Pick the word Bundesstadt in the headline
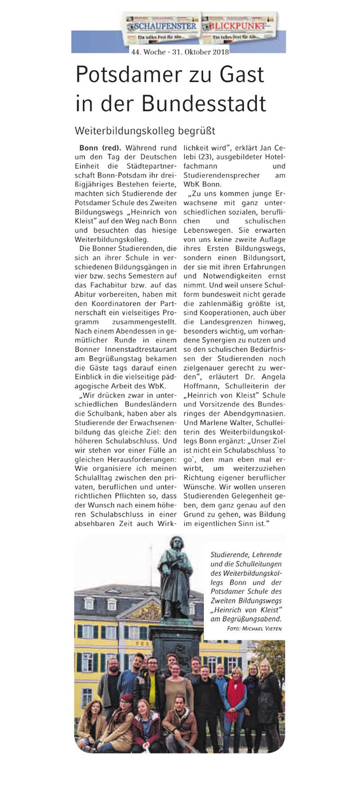tap(204, 104)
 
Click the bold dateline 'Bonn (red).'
tap(100, 148)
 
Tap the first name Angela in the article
tap(273, 377)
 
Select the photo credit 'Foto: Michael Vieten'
tap(254, 629)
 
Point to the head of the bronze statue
tap(177, 544)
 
